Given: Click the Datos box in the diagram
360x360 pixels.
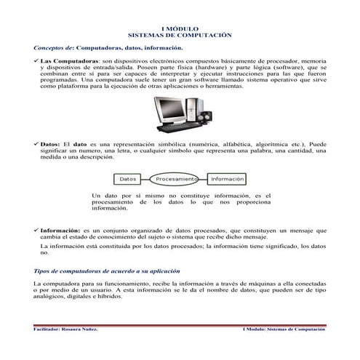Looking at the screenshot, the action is (x=127, y=179).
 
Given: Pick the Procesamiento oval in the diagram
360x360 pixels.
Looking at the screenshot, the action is (x=175, y=179).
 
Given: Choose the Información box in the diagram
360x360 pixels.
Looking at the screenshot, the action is (x=227, y=179).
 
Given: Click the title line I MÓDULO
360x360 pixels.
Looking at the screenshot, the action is (x=179, y=28).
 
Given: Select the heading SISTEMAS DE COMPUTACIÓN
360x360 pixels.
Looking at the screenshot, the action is (x=179, y=34).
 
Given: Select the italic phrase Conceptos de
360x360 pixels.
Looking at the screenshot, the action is (x=54, y=46).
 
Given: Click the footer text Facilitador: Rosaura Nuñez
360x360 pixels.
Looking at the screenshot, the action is (x=66, y=329).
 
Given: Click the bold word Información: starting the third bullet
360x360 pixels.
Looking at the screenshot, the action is (x=60, y=229).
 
